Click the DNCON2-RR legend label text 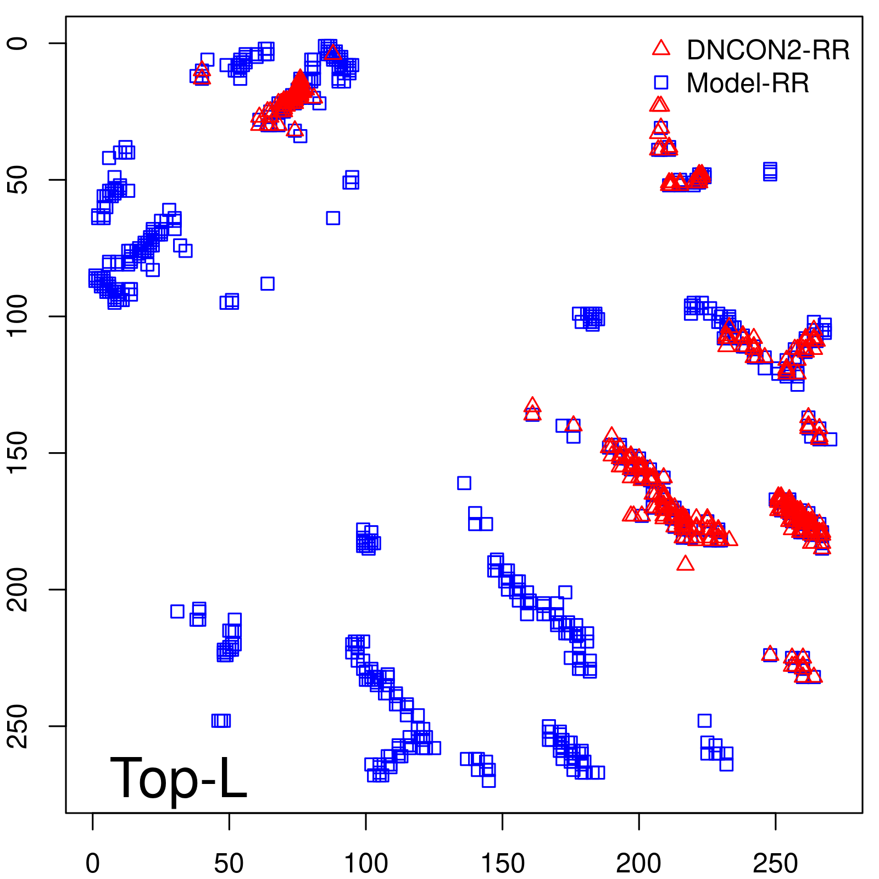coord(767,50)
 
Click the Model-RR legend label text coord(747,84)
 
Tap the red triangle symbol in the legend coord(661,48)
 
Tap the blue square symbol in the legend coord(661,82)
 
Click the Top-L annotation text coord(179,778)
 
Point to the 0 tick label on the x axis coord(93,864)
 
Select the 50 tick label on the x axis coord(229,864)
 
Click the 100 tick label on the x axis coord(366,864)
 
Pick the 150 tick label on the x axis coord(502,864)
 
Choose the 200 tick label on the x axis coord(639,864)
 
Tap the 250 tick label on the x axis coord(775,864)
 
